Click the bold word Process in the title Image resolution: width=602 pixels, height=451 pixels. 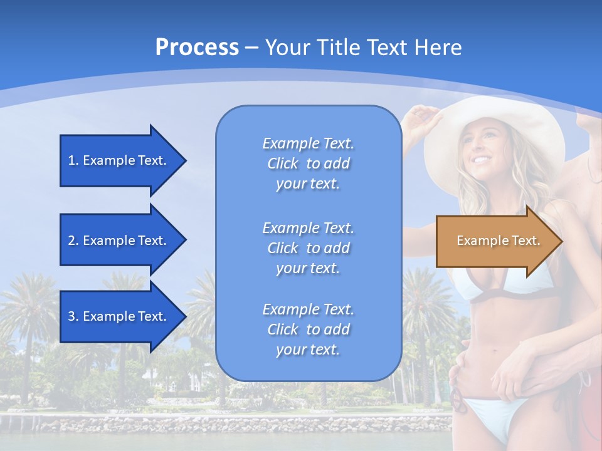(x=197, y=47)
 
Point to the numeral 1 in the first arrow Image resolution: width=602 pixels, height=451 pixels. (x=71, y=160)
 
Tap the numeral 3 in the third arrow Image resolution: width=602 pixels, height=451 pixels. (x=71, y=316)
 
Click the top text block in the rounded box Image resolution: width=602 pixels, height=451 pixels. (x=308, y=163)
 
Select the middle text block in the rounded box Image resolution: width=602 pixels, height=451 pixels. (x=308, y=247)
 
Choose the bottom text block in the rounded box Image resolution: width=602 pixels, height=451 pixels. (x=308, y=329)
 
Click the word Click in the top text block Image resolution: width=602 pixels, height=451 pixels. (x=282, y=163)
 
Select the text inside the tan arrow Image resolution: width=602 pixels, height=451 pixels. (x=498, y=241)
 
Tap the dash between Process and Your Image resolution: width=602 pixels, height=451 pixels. (x=251, y=48)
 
